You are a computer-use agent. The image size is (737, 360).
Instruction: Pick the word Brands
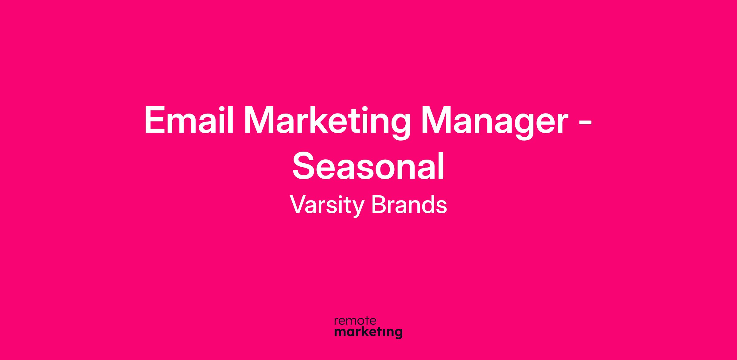coord(409,204)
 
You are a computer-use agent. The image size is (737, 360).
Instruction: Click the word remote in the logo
coord(355,321)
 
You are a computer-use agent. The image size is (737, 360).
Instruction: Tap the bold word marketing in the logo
coord(368,332)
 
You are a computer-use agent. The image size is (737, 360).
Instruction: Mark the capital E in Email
coord(155,120)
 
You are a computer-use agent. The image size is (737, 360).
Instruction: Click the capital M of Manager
coord(435,120)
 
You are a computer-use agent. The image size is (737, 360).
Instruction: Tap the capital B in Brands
coord(378,205)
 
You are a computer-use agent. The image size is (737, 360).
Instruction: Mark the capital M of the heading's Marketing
coord(258,120)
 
